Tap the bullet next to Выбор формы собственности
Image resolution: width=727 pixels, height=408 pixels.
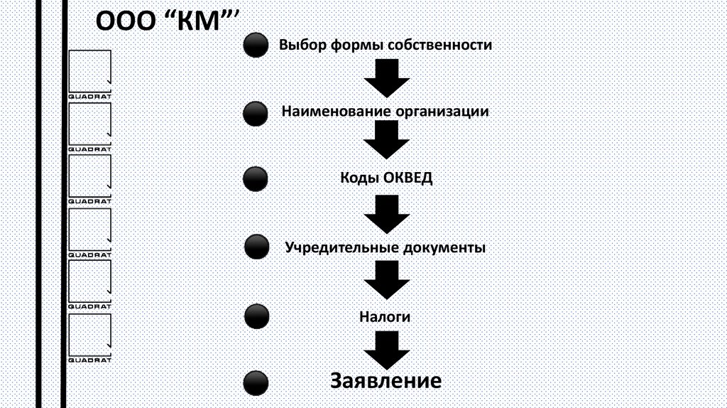tap(255, 46)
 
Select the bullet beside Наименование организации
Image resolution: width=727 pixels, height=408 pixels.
tap(255, 113)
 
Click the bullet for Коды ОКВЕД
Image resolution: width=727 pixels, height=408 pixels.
tap(255, 179)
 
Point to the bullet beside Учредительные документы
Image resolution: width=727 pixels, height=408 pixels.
tap(256, 247)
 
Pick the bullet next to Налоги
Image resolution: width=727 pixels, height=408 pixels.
tap(256, 316)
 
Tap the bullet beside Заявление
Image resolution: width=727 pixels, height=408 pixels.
tap(256, 382)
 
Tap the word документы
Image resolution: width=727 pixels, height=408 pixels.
tap(444, 248)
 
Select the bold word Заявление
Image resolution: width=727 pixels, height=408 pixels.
tap(386, 380)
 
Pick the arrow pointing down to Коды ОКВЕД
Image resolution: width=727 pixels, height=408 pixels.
tap(387, 140)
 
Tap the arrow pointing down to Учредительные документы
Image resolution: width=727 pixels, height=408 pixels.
tap(387, 213)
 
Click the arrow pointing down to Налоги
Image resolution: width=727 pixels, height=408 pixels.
tap(387, 279)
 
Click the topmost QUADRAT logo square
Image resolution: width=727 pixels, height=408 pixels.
tap(89, 71)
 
